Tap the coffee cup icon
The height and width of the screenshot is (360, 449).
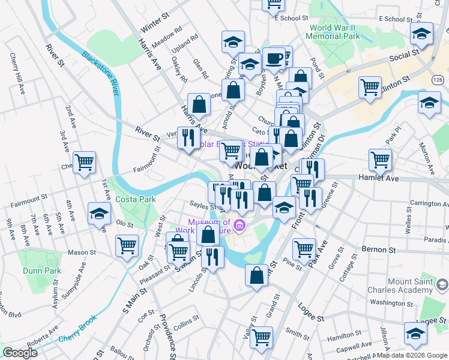(274, 58)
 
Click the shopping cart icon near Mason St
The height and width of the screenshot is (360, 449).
(127, 245)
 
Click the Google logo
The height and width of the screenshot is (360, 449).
(20, 353)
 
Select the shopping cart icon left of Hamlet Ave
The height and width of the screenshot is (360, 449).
(381, 160)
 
